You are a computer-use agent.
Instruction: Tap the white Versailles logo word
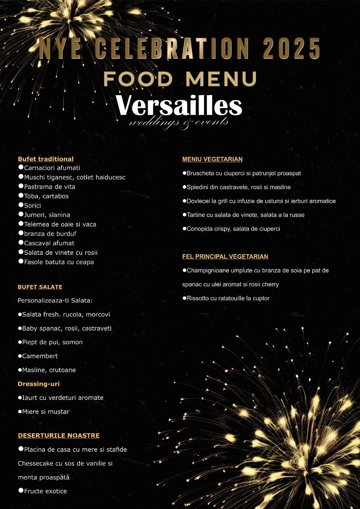179,106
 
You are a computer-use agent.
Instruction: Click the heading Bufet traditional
46,159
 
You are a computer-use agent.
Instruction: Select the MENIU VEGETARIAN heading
212,159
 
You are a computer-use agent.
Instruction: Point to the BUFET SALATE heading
40,287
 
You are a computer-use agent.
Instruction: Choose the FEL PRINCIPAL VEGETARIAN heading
225,256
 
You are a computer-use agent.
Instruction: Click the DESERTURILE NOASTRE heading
59,436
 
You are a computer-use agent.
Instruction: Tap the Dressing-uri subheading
39,384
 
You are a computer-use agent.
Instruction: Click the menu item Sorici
32,206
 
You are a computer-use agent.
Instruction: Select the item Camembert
40,356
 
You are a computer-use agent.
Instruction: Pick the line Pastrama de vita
50,187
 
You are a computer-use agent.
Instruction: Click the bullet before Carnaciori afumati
21,167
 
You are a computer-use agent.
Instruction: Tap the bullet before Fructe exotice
21,491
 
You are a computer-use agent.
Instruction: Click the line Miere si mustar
46,412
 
